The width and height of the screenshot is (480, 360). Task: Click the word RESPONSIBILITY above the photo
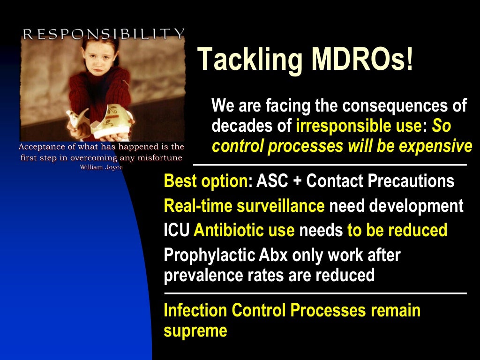pos(103,33)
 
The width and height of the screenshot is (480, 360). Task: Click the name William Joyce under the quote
pos(101,167)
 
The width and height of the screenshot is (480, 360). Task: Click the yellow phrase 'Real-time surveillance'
pos(244,206)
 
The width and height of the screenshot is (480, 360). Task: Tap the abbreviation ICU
pos(177,230)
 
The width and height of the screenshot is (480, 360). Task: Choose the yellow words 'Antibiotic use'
pos(244,230)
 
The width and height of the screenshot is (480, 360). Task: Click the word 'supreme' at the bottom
pos(195,331)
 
